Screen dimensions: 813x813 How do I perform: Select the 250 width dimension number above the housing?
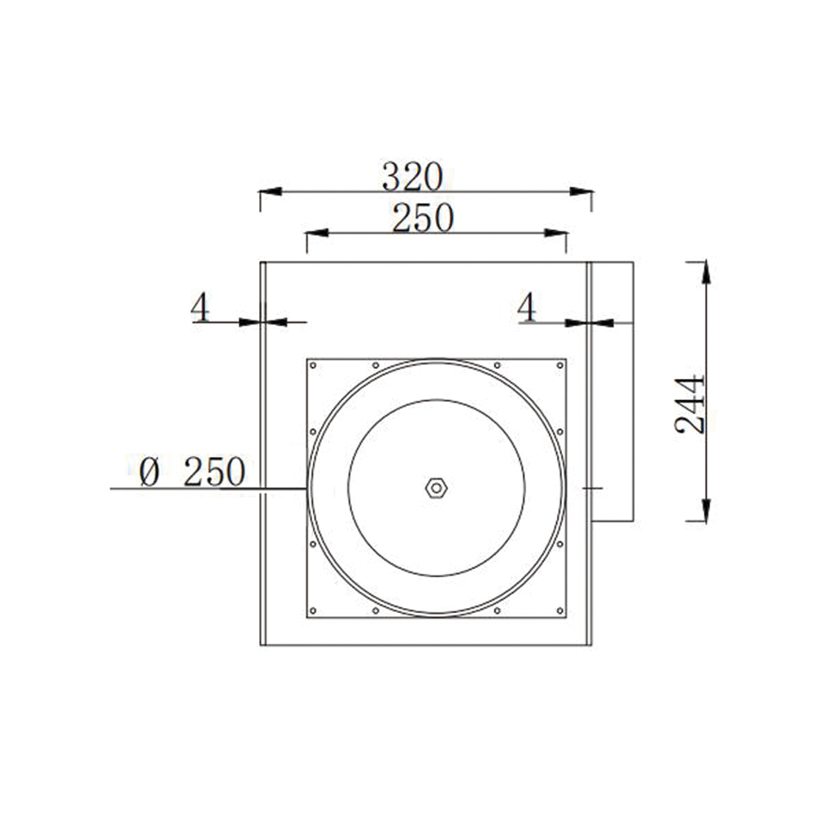pyautogui.click(x=422, y=218)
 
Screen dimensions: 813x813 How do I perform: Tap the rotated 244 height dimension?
pyautogui.click(x=691, y=404)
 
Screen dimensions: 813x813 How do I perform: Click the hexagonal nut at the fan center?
pyautogui.click(x=437, y=488)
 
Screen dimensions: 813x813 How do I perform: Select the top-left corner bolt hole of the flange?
pyautogui.click(x=314, y=365)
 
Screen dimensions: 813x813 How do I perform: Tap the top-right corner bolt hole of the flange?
pyautogui.click(x=559, y=365)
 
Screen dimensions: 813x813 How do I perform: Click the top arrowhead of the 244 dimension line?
pyautogui.click(x=706, y=272)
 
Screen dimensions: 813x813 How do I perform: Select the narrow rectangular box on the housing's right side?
pyautogui.click(x=611, y=390)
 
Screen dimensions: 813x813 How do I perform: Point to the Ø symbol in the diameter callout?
pyautogui.click(x=149, y=472)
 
